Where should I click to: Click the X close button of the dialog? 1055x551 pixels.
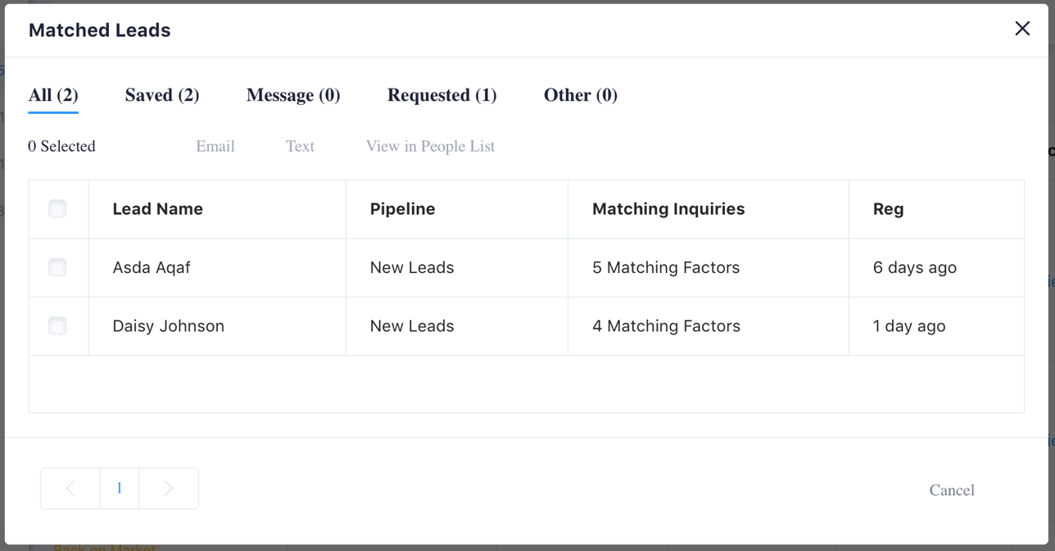(1022, 29)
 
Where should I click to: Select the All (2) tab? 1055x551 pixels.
(53, 95)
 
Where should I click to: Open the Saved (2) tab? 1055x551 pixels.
(162, 95)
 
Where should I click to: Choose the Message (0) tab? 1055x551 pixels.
(293, 95)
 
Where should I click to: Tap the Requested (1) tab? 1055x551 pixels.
(441, 95)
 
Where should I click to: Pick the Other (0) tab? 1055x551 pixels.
(580, 95)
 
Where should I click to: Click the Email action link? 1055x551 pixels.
(215, 147)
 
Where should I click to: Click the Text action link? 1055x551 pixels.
(300, 147)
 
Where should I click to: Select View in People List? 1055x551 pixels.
(430, 147)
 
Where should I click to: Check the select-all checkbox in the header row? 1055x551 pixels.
(57, 209)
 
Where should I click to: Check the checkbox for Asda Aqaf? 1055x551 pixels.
(57, 267)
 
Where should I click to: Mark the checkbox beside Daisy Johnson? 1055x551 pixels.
(57, 326)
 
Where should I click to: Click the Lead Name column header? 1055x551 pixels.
(157, 209)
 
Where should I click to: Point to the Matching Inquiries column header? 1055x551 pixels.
(668, 209)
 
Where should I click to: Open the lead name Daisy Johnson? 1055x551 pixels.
(168, 326)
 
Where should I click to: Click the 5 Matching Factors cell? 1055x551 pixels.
(666, 267)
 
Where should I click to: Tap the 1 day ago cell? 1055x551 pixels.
(909, 326)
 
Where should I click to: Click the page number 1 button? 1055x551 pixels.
(120, 489)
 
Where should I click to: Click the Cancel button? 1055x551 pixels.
(952, 490)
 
